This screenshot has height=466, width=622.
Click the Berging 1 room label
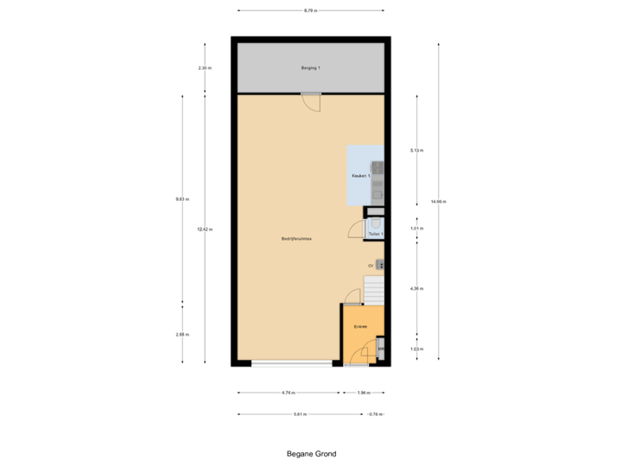coord(310,67)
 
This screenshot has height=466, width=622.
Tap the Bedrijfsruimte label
coord(296,238)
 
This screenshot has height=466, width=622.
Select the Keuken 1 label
coord(361,176)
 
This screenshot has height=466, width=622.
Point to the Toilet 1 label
coord(376,234)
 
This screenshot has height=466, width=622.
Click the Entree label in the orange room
coord(361,327)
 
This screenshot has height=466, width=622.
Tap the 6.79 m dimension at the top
coord(310,10)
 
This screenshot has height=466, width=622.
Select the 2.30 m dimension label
coord(204,67)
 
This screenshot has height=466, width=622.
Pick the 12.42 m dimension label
coord(204,229)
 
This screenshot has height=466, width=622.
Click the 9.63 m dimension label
coord(182,198)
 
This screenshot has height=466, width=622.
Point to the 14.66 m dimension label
coord(438,201)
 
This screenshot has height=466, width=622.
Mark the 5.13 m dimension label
coord(416,150)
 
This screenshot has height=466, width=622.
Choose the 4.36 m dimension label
coord(416,288)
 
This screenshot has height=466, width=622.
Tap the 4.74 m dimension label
coord(288,393)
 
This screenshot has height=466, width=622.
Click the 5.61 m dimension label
coord(300,414)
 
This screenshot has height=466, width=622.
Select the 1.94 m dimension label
coord(364,393)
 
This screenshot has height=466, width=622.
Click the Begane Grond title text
coord(311,452)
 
